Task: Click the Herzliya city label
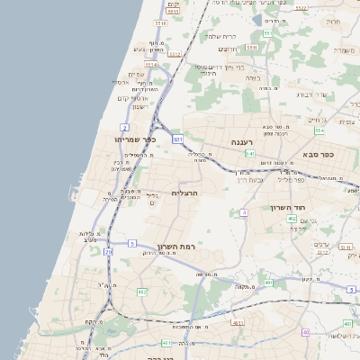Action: pos(184,193)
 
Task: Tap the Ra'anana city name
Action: pos(243,142)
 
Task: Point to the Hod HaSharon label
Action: pos(289,207)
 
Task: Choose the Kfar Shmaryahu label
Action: pos(136,139)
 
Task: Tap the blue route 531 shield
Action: pos(177,139)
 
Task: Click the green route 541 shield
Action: pos(250,154)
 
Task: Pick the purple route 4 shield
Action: pos(243,212)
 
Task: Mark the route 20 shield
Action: pos(109,253)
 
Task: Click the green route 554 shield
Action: pos(319,130)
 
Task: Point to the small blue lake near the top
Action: pos(257,20)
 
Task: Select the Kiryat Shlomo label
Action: pos(220,36)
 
